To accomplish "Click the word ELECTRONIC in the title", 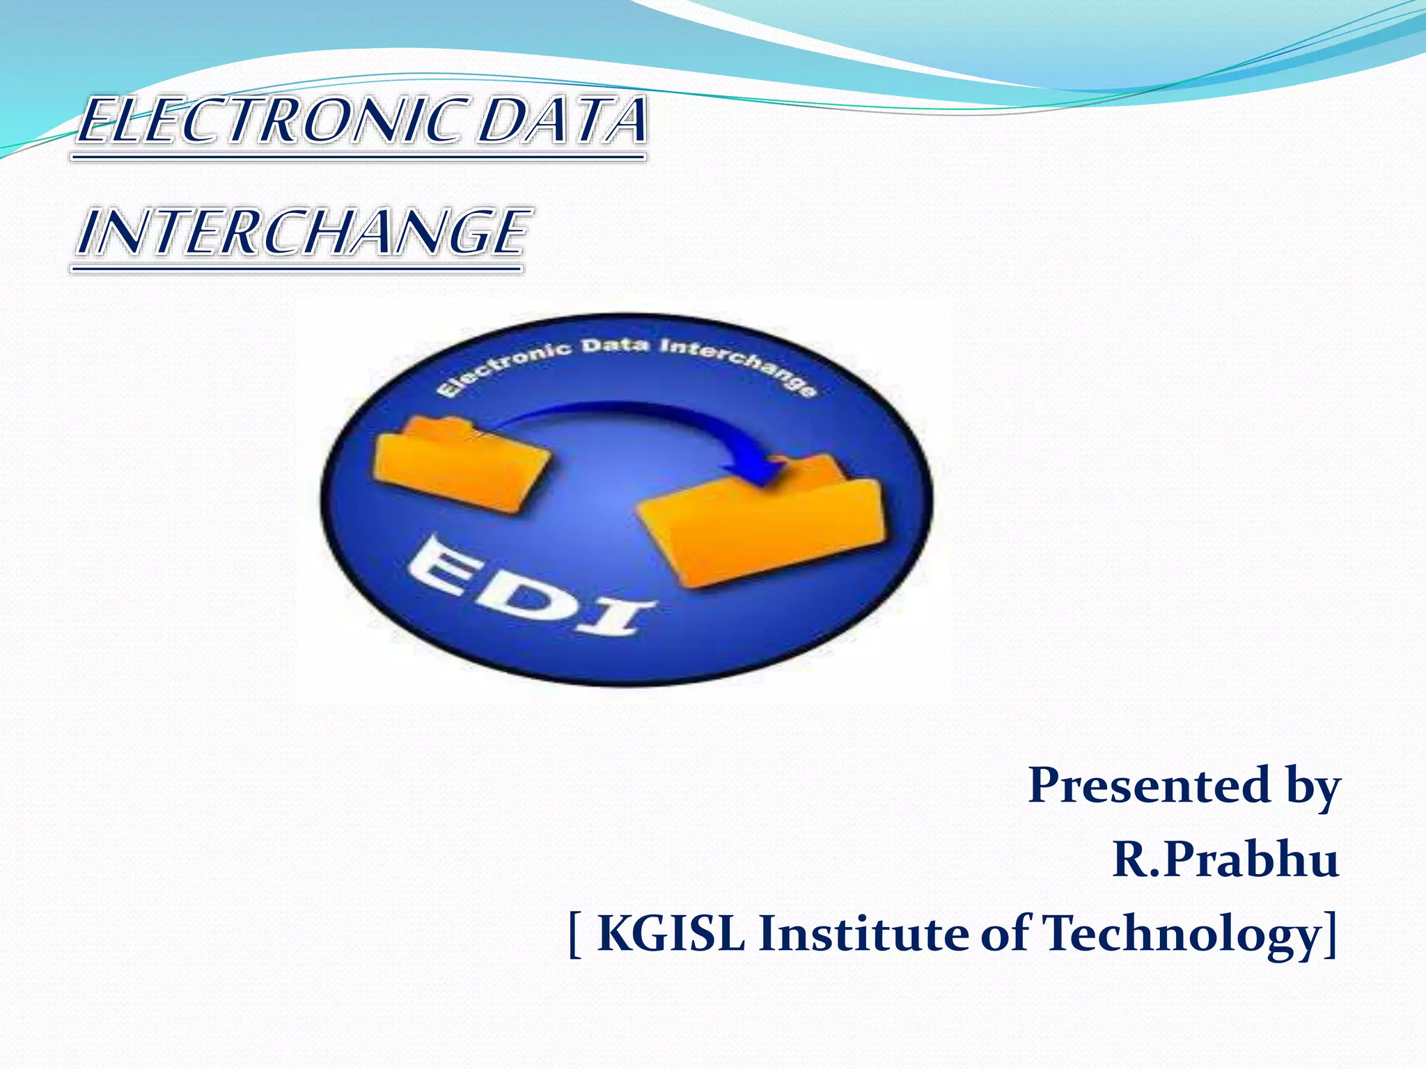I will click(275, 122).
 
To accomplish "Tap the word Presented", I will click(1150, 785).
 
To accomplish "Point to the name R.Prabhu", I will click(1225, 860).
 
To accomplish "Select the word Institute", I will click(863, 933).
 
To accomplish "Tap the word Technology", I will click(1180, 935).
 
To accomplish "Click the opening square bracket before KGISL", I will click(575, 935).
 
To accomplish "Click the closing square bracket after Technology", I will click(1331, 935).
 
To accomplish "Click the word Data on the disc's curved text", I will click(616, 346).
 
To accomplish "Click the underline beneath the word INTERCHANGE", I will click(297, 268).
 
